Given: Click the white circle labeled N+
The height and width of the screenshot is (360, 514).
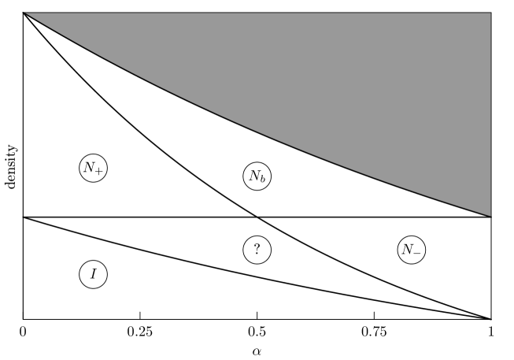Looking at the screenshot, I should pyautogui.click(x=93, y=168).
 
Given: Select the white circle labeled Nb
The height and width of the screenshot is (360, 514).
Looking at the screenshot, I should pyautogui.click(x=257, y=176).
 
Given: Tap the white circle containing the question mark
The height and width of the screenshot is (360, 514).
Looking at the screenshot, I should pyautogui.click(x=257, y=250).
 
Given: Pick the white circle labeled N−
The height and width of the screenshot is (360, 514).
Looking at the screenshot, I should pyautogui.click(x=411, y=250).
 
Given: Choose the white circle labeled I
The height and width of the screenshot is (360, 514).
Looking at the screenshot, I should pyautogui.click(x=93, y=274).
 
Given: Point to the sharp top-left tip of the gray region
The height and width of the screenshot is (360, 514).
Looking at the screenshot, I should pyautogui.click(x=26, y=13).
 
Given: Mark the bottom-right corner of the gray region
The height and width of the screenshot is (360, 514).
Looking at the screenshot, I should pyautogui.click(x=490, y=215).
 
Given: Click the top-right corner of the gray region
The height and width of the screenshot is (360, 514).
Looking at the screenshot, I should pyautogui.click(x=490, y=13).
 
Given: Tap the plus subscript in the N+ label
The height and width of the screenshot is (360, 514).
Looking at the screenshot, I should pyautogui.click(x=98, y=171).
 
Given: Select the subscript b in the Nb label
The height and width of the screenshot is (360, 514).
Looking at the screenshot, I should pyautogui.click(x=262, y=180).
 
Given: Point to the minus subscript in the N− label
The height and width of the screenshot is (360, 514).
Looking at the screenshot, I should pyautogui.click(x=417, y=253).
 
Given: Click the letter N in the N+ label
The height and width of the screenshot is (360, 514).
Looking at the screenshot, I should pyautogui.click(x=89, y=167).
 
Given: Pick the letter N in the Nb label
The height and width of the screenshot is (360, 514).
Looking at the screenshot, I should pyautogui.click(x=253, y=176).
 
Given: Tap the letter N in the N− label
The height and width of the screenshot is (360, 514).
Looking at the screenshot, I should pyautogui.click(x=407, y=249).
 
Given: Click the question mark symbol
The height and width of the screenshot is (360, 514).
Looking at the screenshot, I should pyautogui.click(x=257, y=250).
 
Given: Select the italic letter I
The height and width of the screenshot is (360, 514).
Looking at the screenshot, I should pyautogui.click(x=93, y=274).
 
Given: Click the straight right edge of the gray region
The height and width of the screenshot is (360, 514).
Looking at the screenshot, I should pyautogui.click(x=490, y=118).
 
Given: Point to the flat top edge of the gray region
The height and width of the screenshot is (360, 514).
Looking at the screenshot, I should pyautogui.click(x=260, y=13).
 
